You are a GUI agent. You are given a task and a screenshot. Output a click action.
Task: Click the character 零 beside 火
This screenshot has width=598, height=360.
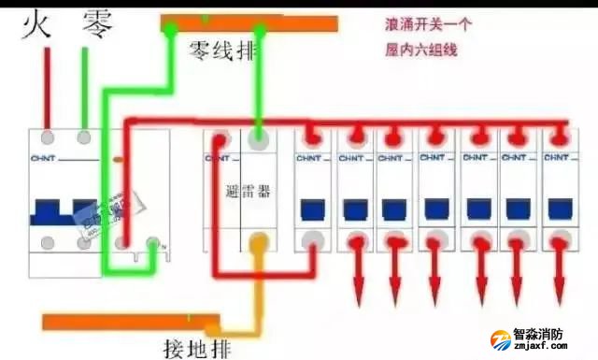pyautogui.click(x=97, y=22)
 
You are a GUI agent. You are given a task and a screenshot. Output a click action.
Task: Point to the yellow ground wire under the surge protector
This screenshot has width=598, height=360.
pyautogui.click(x=257, y=281)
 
